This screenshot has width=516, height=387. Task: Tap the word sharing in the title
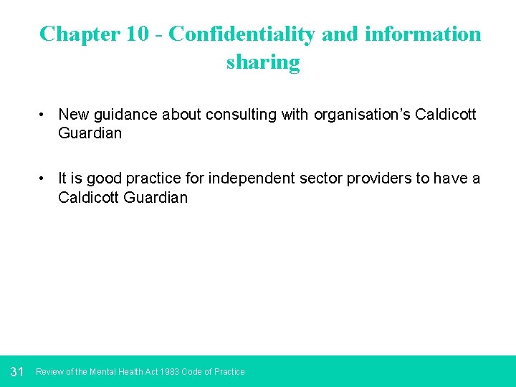coord(263,62)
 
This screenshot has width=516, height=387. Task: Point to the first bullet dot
coord(44,115)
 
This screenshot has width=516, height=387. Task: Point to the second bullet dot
coord(44,179)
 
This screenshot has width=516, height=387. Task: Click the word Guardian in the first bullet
coord(90,133)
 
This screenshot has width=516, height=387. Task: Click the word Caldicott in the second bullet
coord(89,198)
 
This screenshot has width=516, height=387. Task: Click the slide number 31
coord(18,372)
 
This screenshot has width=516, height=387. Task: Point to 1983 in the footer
coord(171,372)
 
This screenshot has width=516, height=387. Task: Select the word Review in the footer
coord(49,372)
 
